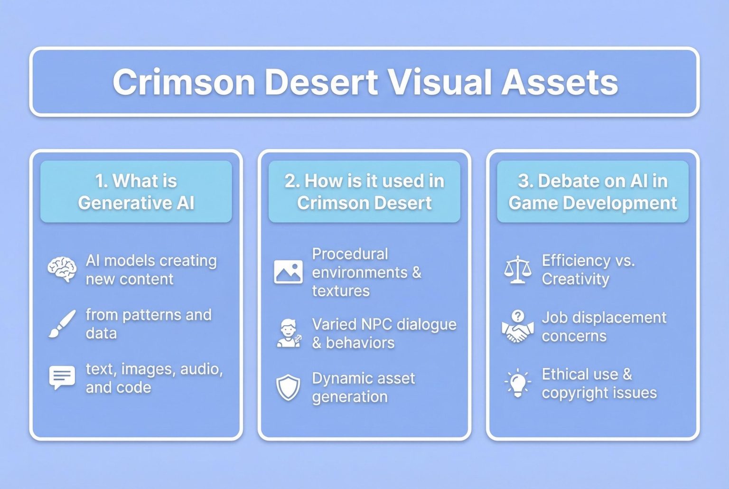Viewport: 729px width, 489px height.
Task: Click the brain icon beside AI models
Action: (x=62, y=270)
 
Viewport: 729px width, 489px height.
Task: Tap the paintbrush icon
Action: (x=62, y=324)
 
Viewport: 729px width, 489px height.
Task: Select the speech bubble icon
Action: (x=62, y=378)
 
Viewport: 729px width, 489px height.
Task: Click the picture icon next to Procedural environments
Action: (x=288, y=272)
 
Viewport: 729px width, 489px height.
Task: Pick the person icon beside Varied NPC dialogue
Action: (x=288, y=333)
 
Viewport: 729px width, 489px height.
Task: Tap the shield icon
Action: (x=288, y=387)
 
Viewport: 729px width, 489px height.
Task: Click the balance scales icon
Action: (x=517, y=270)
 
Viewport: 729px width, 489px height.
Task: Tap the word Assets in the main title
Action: (x=560, y=82)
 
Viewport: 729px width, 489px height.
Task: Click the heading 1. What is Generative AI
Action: (x=136, y=192)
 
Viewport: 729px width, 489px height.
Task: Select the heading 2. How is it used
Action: (x=364, y=192)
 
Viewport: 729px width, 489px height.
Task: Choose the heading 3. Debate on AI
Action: (x=593, y=192)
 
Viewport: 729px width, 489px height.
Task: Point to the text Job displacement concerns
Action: (x=604, y=327)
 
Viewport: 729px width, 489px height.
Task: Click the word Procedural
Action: (x=350, y=254)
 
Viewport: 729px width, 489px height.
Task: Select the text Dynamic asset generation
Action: (x=363, y=387)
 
